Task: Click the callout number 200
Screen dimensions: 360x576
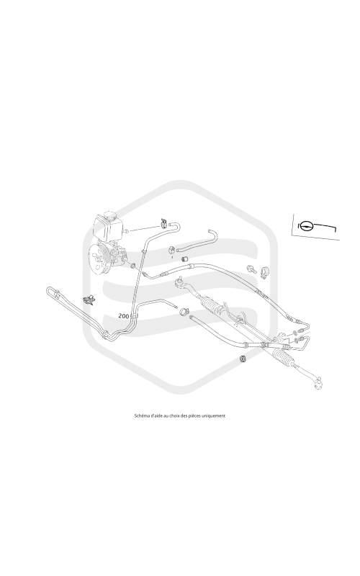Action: tap(124, 315)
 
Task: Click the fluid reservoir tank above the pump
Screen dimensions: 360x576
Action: tap(107, 228)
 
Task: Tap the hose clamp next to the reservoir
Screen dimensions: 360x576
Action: tap(163, 222)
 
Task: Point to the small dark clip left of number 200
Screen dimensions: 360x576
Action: tap(89, 300)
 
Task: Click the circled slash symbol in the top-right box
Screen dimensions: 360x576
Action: tap(305, 225)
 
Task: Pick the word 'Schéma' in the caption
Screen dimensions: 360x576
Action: tap(140, 416)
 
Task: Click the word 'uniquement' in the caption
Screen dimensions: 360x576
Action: tap(215, 416)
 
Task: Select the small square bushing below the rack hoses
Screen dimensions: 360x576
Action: tap(242, 358)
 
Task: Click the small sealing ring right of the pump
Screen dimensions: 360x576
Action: tap(133, 265)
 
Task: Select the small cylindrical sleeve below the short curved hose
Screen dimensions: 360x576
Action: tap(186, 258)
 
